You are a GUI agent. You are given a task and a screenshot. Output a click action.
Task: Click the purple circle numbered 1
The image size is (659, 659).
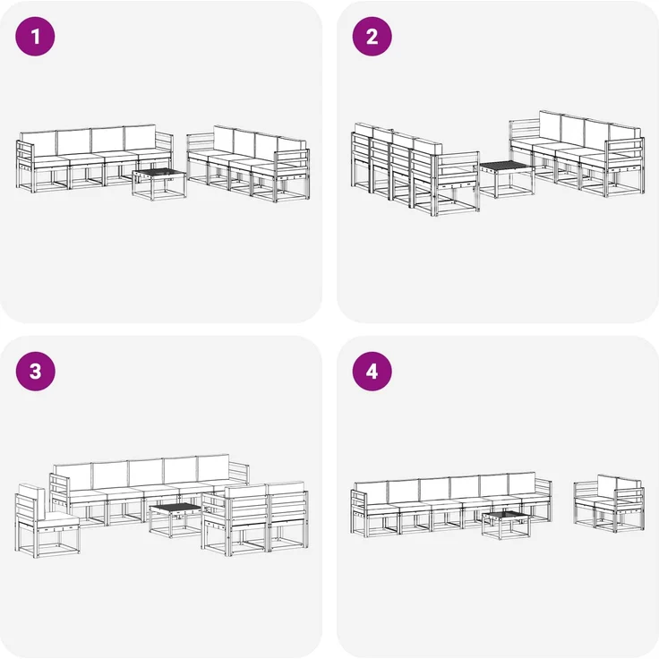(x=35, y=36)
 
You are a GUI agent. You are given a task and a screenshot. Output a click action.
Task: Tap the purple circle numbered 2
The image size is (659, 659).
(x=372, y=36)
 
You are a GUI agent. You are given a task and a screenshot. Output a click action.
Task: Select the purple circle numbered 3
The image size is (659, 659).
(x=35, y=371)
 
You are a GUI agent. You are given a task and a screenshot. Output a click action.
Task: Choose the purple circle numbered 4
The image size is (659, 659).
(x=372, y=371)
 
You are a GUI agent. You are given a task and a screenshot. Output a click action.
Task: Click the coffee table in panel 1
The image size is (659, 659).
(x=158, y=184)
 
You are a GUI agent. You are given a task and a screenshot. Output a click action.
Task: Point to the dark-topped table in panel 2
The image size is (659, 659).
(x=507, y=178)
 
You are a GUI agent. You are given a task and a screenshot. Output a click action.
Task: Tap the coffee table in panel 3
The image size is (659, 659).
(x=175, y=521)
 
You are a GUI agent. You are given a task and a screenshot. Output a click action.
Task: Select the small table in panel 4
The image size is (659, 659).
(x=506, y=526)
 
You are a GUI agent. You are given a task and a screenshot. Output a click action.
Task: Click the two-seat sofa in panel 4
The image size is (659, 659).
(x=609, y=503)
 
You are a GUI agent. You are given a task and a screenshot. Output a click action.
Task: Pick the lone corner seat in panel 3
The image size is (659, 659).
(x=47, y=521)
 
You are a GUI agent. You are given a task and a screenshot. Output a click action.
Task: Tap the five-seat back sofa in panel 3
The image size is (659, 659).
(x=150, y=490)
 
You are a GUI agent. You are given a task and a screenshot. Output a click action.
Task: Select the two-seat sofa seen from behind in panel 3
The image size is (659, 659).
(x=254, y=519)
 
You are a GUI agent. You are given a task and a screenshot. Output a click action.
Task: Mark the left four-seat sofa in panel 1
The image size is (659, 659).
(x=95, y=158)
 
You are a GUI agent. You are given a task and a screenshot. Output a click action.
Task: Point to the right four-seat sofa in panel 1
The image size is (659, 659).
(x=248, y=163)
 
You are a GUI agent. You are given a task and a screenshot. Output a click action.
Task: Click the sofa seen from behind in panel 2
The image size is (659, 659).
(x=415, y=169)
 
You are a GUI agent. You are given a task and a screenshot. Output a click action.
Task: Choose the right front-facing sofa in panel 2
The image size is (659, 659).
(x=577, y=153)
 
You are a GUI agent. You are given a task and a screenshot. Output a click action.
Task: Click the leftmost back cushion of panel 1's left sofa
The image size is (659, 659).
(x=39, y=144)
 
